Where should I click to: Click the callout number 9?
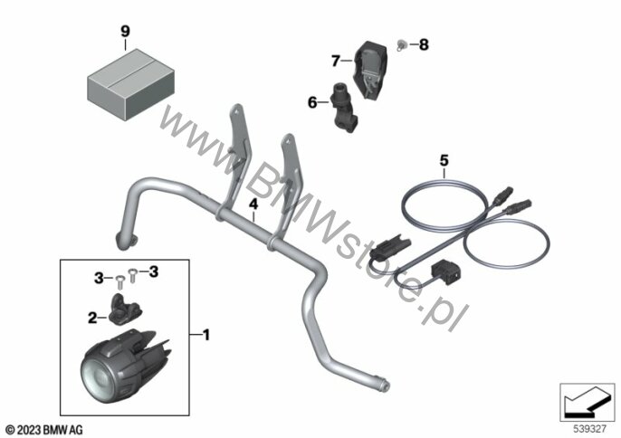pyautogui.click(x=125, y=31)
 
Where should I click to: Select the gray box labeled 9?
pyautogui.click(x=130, y=84)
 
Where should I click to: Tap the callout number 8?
pyautogui.click(x=424, y=44)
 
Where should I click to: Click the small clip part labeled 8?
pyautogui.click(x=402, y=44)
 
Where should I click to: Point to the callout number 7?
pyautogui.click(x=336, y=61)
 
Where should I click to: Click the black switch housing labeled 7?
pyautogui.click(x=370, y=70)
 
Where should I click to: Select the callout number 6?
pyautogui.click(x=312, y=102)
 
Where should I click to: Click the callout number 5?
pyautogui.click(x=444, y=161)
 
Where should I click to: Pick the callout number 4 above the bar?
pyautogui.click(x=253, y=205)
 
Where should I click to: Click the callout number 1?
pyautogui.click(x=206, y=335)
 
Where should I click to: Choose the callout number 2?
pyautogui.click(x=92, y=318)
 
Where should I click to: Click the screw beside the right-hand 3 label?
pyautogui.click(x=133, y=275)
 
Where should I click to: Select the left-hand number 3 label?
pyautogui.click(x=99, y=279)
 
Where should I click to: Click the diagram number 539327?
pyautogui.click(x=590, y=429)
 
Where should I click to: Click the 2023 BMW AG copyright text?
pyautogui.click(x=44, y=430)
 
